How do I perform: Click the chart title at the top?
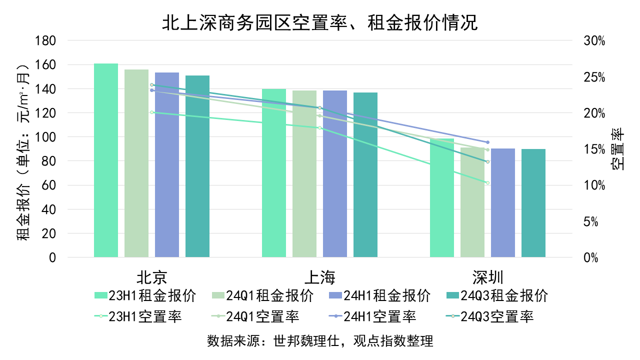click(320, 23)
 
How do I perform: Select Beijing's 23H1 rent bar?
click(106, 160)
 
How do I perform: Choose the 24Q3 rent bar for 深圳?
click(533, 203)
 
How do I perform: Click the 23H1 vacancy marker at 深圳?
click(487, 182)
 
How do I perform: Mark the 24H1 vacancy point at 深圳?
click(487, 142)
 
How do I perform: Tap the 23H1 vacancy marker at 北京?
click(151, 112)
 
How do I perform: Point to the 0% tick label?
click(591, 257)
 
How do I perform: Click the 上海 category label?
click(320, 277)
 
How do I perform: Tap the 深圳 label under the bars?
click(488, 277)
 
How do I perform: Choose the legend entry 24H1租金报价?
click(379, 295)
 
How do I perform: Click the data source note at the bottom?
click(320, 341)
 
